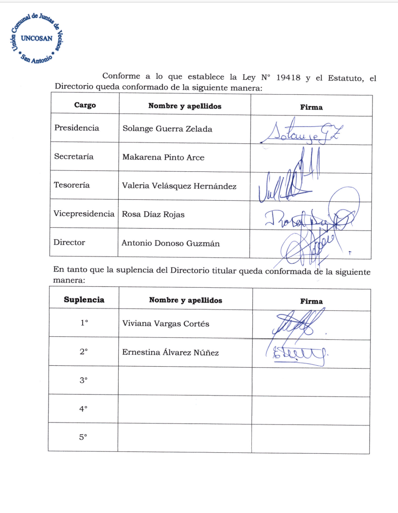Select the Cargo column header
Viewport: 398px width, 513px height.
pos(85,105)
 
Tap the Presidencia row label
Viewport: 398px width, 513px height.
pos(77,128)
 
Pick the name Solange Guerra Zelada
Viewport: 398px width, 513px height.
pos(167,129)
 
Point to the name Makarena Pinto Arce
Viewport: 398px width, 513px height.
pos(163,157)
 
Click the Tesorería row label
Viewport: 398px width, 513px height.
pos(72,185)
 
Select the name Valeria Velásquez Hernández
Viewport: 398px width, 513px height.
pos(179,186)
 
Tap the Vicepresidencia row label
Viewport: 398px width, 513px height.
pos(85,214)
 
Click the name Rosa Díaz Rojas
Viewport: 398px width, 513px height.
pos(153,214)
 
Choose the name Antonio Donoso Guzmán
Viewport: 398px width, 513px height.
pos(171,243)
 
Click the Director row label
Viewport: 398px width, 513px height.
pos(70,243)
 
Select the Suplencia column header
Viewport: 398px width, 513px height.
pos(84,299)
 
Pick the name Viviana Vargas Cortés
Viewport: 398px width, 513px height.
pos(166,323)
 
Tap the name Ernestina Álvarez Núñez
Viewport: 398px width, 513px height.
pos(171,353)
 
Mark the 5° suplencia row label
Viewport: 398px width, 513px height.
pos(83,437)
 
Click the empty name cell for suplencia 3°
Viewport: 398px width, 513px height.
pos(185,381)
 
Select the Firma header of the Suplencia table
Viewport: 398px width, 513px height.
pos(311,301)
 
